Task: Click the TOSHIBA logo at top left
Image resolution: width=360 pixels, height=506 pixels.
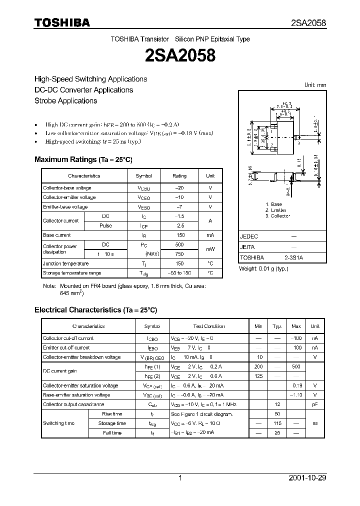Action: coord(62,22)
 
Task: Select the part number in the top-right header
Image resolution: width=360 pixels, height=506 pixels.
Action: coord(308,23)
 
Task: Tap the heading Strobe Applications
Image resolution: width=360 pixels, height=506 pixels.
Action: coord(65,100)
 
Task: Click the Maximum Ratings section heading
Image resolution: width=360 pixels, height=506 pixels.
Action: coord(83,159)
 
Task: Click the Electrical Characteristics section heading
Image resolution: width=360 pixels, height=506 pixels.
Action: coord(95,310)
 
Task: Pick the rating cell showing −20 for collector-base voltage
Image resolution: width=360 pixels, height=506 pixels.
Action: coord(179,188)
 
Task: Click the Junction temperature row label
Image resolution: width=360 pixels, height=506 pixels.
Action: coord(66,263)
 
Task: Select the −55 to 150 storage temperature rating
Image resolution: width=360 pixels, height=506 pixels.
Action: coord(179,273)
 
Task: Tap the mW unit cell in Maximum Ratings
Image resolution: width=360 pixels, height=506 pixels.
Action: coord(210,249)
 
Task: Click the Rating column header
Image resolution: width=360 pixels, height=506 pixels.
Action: coord(179,176)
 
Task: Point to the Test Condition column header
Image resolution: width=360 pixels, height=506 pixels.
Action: coord(209,326)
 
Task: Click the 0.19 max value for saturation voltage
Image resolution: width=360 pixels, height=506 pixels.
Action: coord(296,385)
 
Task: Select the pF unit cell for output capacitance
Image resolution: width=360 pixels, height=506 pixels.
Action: coord(315,404)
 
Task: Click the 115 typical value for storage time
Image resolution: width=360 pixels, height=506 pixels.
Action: coord(277,423)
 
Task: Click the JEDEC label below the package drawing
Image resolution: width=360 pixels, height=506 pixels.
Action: coord(249,236)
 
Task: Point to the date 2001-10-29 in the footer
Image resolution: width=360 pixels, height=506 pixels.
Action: coord(307,478)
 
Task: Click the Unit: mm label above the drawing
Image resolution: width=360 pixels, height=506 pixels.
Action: coord(315,85)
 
